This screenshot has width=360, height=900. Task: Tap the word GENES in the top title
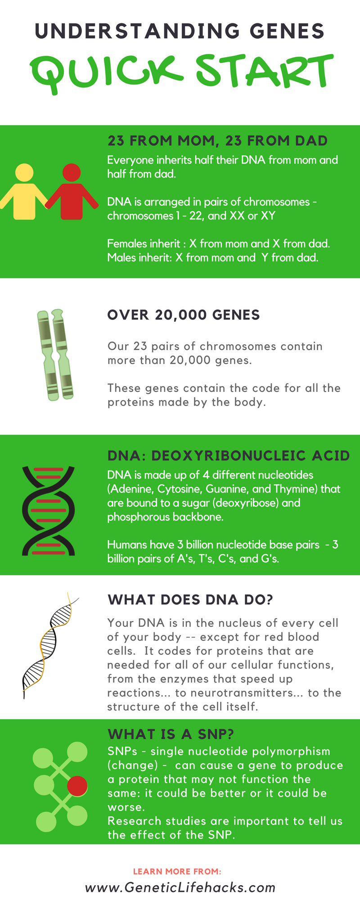pos(287,31)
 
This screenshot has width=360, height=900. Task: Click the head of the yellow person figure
pos(24,173)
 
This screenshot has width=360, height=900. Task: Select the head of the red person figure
pos(72,173)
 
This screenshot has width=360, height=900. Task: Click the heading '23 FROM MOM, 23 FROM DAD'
pos(217,141)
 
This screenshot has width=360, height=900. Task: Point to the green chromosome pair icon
pos(55,354)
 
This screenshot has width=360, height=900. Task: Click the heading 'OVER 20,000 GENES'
pos(184,315)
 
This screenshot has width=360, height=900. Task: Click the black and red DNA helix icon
pos(49,511)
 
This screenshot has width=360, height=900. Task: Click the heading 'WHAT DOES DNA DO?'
pos(190,600)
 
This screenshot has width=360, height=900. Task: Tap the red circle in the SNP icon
pos(77,786)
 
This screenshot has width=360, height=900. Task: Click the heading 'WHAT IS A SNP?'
pos(171,734)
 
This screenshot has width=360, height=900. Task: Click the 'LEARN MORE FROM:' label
pos(177,872)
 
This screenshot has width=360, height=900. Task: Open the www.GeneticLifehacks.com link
pos(180,887)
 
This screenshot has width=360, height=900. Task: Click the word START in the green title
pos(265,72)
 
